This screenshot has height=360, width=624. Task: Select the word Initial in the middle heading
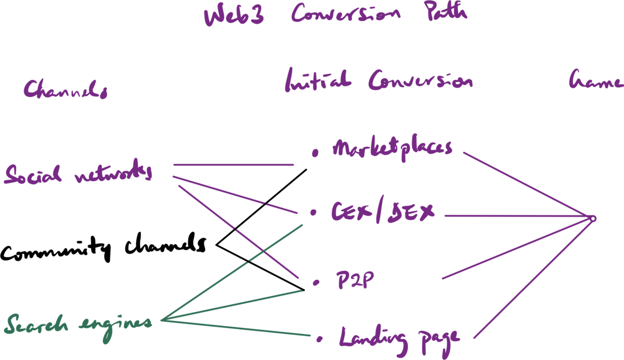pyautogui.click(x=318, y=82)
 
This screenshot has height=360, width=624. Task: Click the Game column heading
pyautogui.click(x=596, y=82)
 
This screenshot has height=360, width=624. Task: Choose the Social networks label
pyautogui.click(x=78, y=174)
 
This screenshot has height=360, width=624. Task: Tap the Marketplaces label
pyautogui.click(x=392, y=149)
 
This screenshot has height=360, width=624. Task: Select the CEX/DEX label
pyautogui.click(x=383, y=212)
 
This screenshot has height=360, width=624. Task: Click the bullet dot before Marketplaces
pyautogui.click(x=314, y=153)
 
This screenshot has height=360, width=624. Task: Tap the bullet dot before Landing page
pyautogui.click(x=320, y=340)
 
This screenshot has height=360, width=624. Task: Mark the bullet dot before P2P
pyautogui.click(x=316, y=282)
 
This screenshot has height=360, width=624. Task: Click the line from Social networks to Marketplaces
pyautogui.click(x=234, y=165)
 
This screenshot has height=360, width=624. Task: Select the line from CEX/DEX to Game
pyautogui.click(x=520, y=215)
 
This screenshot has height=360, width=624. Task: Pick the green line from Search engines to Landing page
pyautogui.click(x=239, y=329)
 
